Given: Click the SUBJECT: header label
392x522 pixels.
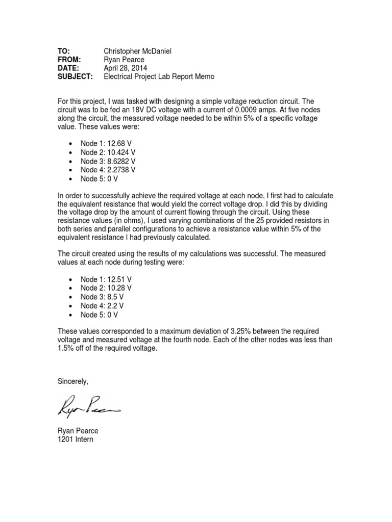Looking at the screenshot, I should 75,76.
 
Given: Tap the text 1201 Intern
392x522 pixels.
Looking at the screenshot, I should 76,439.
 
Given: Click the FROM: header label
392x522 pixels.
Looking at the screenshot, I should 69,59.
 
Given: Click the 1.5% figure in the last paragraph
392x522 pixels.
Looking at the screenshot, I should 66,349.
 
